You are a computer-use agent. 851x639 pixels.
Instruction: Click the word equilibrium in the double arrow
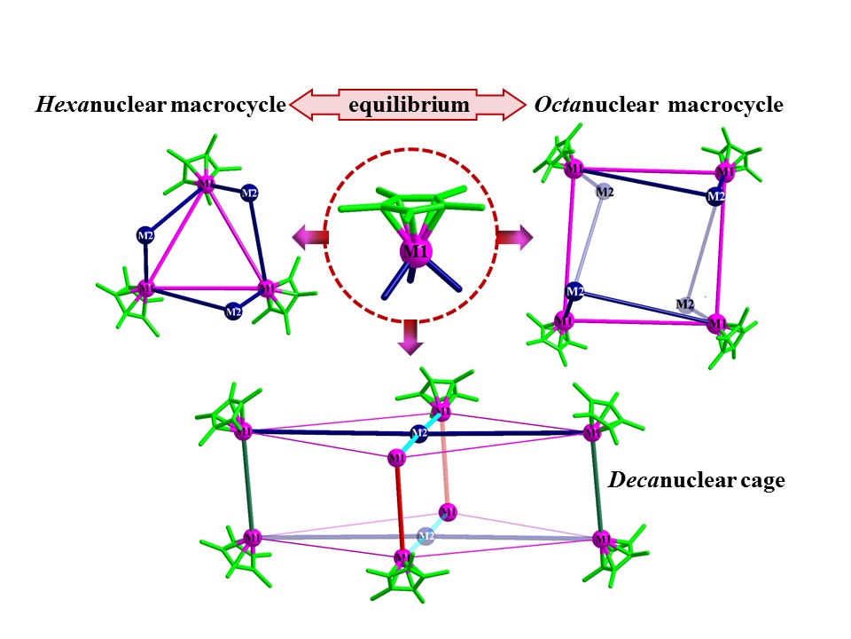click(408, 105)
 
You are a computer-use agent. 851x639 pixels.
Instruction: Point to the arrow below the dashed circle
click(408, 337)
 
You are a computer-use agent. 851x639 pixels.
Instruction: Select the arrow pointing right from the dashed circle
click(514, 237)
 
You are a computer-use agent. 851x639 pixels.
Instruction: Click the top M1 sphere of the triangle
click(207, 185)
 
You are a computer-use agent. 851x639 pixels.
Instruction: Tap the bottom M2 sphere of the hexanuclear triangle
click(232, 312)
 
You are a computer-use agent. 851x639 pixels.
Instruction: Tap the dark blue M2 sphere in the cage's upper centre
click(420, 434)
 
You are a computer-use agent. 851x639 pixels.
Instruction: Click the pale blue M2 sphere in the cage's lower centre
click(426, 536)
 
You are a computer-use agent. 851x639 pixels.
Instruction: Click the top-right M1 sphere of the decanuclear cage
click(593, 433)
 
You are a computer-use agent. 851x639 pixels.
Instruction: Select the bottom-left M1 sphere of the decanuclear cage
click(253, 537)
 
